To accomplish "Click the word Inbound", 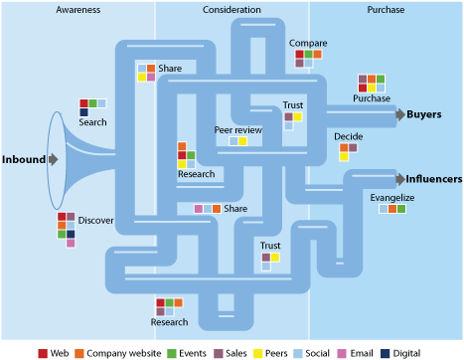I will (23, 159).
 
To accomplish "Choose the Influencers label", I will (433, 179).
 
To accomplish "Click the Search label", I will (92, 122).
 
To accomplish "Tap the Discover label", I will (96, 220).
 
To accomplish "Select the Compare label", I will (308, 44).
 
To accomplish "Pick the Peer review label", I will (237, 130).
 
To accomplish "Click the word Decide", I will (348, 136).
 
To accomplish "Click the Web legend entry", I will (58, 352).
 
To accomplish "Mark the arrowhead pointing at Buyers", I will (399, 114).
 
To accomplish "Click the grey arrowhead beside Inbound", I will (53, 159).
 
